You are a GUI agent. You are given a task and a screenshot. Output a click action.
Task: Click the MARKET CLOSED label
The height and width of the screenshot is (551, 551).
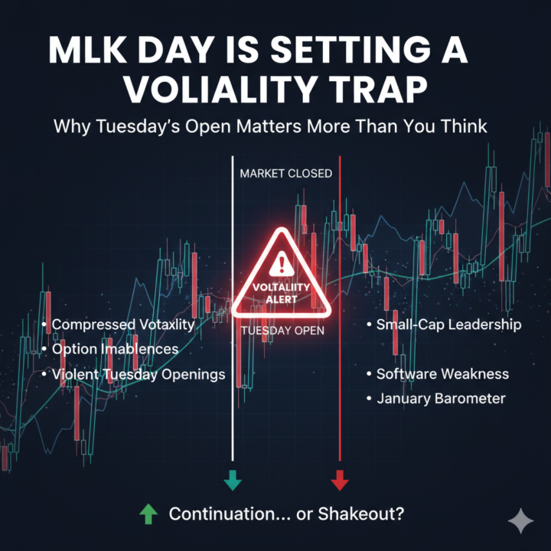(285, 174)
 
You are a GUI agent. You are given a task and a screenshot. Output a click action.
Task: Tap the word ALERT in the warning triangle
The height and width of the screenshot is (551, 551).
(282, 300)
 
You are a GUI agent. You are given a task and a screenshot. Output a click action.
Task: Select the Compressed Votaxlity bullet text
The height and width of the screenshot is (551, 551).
(122, 324)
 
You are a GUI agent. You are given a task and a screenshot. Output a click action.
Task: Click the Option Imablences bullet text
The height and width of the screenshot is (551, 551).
(115, 349)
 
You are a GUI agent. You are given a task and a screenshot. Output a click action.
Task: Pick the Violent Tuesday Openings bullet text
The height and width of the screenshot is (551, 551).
(139, 374)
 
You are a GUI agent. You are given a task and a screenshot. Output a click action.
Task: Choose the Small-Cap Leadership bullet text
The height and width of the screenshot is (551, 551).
(448, 324)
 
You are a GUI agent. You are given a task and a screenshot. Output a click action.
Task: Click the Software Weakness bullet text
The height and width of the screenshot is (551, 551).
(442, 374)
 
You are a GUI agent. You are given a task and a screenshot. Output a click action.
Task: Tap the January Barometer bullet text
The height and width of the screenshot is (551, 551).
(441, 399)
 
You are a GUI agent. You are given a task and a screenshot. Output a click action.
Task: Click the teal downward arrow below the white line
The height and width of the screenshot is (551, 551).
(233, 481)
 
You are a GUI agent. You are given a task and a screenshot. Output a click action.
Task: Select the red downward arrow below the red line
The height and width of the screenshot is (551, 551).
(339, 481)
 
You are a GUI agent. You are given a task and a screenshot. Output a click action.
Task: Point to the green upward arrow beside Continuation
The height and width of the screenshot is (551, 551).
(147, 514)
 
